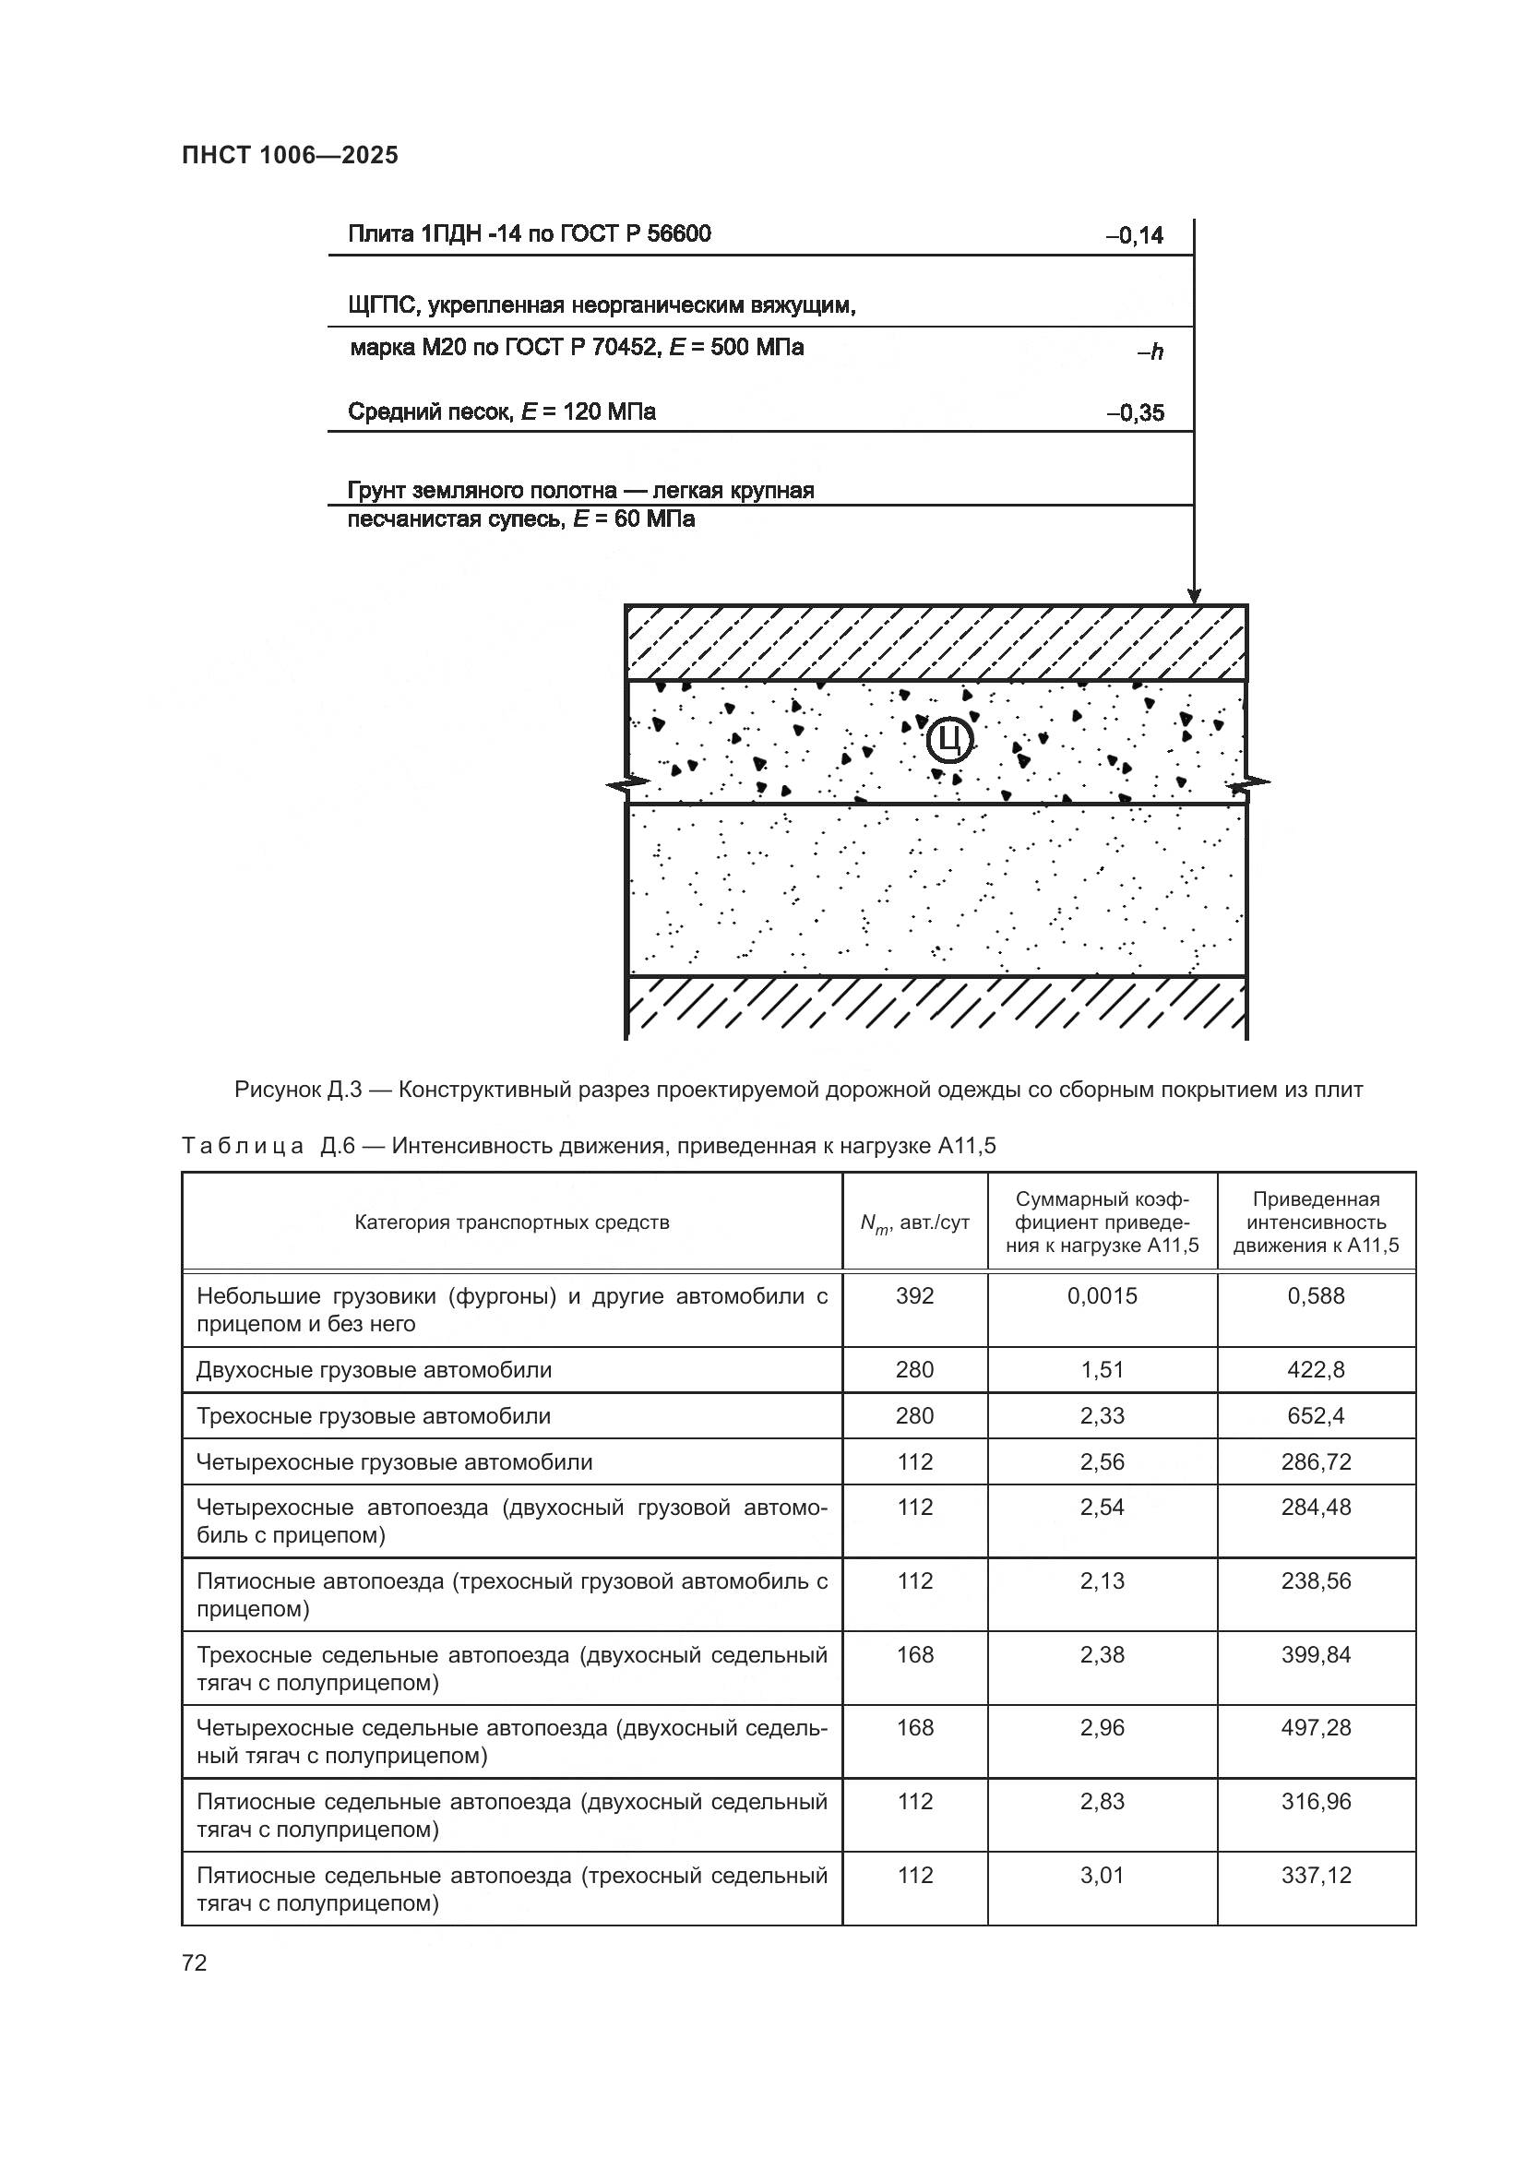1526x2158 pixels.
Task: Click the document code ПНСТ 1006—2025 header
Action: point(290,155)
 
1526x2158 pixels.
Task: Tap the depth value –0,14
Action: point(1134,236)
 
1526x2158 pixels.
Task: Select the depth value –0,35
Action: point(1134,412)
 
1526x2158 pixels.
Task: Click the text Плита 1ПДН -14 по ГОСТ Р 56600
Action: point(529,234)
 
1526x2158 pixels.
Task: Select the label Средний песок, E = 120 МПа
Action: point(502,411)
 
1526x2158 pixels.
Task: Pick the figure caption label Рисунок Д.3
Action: point(298,1091)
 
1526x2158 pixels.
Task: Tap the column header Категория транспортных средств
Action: point(512,1222)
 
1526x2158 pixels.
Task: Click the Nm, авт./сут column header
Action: point(914,1222)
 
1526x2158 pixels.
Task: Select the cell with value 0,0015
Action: point(1102,1296)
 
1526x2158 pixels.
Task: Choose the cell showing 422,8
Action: point(1316,1369)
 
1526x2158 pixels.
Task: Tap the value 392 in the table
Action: point(914,1296)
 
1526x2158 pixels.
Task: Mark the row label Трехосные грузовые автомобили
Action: point(373,1415)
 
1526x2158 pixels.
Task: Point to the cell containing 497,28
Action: point(1316,1727)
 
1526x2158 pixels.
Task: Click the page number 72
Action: point(195,1962)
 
